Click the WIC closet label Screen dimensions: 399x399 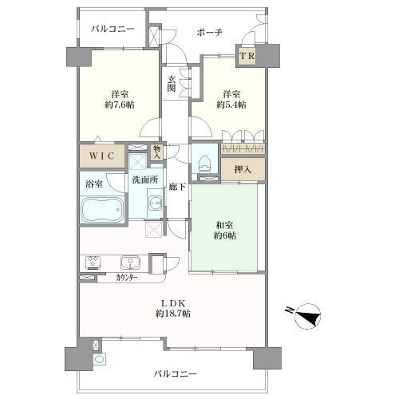coord(102,156)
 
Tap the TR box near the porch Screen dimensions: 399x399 coord(247,56)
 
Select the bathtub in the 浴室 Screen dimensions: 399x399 coord(102,209)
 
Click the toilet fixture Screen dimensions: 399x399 coord(205,163)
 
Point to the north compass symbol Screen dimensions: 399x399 coord(309,315)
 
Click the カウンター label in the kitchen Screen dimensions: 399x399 coord(127,279)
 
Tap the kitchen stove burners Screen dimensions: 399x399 coord(93,263)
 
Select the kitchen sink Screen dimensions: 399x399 coord(130,263)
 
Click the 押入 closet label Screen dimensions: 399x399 coord(243,169)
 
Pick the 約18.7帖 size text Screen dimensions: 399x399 coord(173,314)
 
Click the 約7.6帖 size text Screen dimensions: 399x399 coord(120,105)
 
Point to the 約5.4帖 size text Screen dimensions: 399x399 coord(231,105)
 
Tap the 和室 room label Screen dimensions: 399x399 coord(225,226)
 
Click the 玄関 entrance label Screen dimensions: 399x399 coord(172,84)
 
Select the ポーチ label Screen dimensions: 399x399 coord(210,33)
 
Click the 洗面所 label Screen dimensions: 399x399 coord(145,180)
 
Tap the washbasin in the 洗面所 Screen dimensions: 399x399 coord(156,203)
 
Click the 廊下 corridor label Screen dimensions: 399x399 coord(177,187)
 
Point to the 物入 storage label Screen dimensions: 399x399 coord(157,152)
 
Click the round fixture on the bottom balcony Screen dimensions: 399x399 coord(99,359)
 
